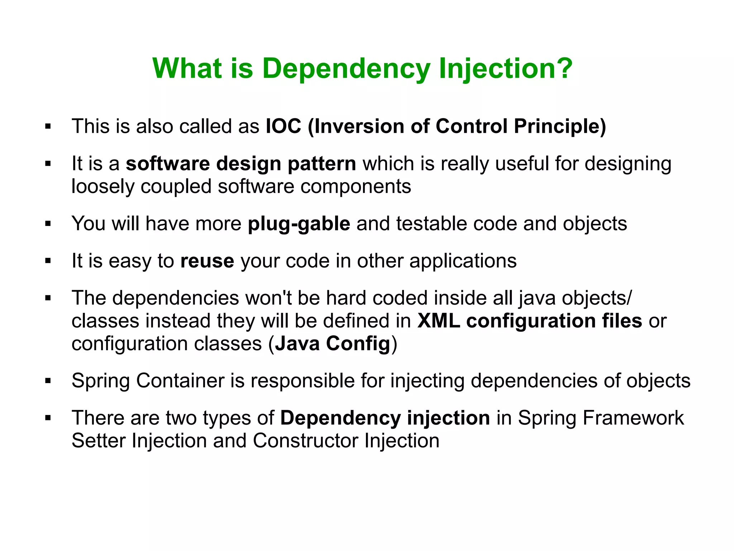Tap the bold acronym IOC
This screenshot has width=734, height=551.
283,126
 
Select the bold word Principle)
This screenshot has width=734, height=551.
560,126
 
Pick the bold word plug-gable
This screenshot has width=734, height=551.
299,223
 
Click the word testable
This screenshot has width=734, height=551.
431,223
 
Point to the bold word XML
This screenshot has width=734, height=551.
438,320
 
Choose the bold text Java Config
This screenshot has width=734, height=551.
332,343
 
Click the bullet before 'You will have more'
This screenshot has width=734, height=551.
48,224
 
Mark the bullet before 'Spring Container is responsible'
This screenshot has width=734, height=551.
48,381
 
